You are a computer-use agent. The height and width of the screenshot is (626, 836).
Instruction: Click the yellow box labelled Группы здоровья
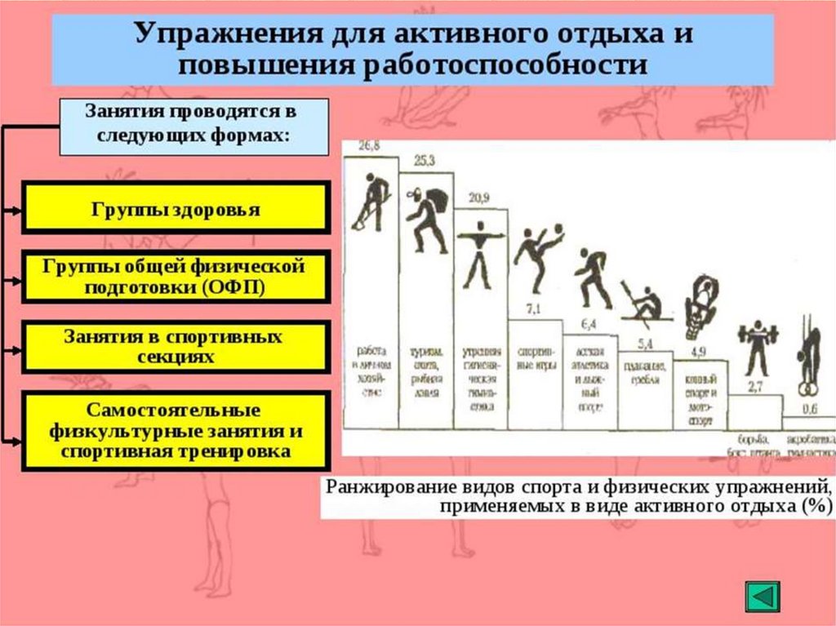click(x=176, y=209)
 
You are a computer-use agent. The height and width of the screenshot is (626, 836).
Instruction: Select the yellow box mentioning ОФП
click(x=176, y=277)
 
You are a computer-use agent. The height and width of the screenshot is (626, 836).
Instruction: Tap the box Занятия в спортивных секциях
click(x=176, y=347)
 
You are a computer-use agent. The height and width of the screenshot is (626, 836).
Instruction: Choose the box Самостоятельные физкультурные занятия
click(x=176, y=430)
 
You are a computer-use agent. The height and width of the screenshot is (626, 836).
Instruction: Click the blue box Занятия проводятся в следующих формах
click(x=193, y=126)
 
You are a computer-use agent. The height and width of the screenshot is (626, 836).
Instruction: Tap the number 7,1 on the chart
click(x=534, y=309)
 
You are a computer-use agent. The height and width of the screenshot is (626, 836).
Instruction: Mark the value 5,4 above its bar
click(x=645, y=342)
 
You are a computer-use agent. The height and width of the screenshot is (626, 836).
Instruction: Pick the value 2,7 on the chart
click(x=755, y=385)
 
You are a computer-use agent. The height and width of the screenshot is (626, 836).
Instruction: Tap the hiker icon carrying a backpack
click(x=428, y=216)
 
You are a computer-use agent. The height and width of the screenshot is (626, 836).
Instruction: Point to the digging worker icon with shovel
click(x=371, y=200)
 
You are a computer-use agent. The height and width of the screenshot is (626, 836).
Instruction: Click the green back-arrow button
click(x=763, y=596)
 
